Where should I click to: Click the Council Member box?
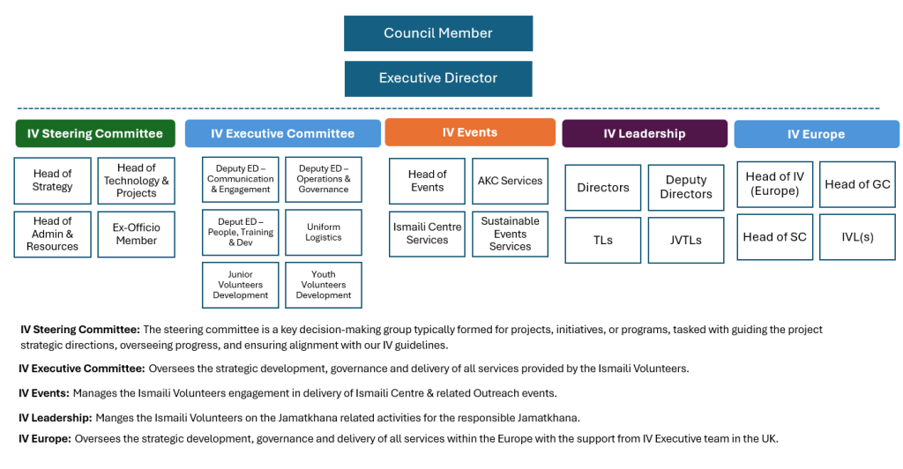click(x=438, y=33)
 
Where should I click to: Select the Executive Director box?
click(x=438, y=78)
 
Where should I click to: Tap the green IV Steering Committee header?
click(x=95, y=134)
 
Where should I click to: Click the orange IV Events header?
click(x=470, y=132)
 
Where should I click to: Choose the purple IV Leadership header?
click(x=645, y=134)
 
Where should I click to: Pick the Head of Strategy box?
click(x=52, y=181)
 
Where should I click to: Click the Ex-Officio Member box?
click(x=136, y=234)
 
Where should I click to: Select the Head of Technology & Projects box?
click(x=136, y=181)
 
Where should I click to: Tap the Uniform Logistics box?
click(x=324, y=232)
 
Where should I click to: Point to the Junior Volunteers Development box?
click(x=241, y=285)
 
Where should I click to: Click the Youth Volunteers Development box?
click(x=324, y=285)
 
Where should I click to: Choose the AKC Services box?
click(x=510, y=181)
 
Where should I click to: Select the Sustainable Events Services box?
click(x=510, y=234)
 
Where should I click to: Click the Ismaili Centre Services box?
click(x=427, y=234)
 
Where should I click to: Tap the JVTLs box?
click(x=686, y=240)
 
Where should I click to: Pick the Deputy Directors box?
click(x=686, y=187)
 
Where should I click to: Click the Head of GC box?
click(x=857, y=184)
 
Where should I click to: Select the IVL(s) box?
click(x=857, y=237)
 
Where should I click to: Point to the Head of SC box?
click(x=774, y=237)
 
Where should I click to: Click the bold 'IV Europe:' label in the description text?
click(x=45, y=438)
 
